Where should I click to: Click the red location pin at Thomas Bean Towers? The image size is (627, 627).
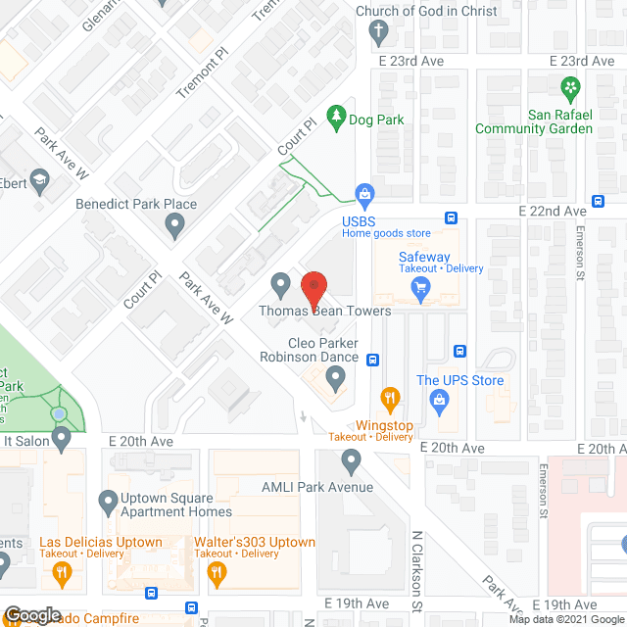pos(313,290)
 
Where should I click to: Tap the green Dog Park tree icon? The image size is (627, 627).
pos(337,119)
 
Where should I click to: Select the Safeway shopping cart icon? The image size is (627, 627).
pos(422,287)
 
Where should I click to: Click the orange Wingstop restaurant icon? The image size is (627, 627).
pos(391,398)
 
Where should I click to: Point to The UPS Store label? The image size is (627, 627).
pos(459,380)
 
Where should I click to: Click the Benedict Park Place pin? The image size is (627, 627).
pos(175,226)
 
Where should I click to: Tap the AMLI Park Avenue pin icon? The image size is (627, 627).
pos(352,460)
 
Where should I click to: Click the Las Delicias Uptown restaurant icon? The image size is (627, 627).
pos(62,573)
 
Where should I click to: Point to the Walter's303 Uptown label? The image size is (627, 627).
pos(255,542)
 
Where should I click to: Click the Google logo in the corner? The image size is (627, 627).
pos(31,615)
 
